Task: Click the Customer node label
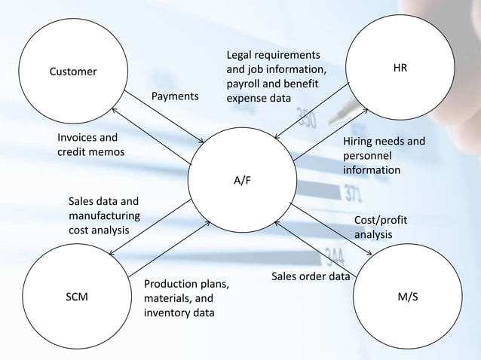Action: point(73,72)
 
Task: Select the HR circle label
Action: point(400,68)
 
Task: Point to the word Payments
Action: point(176,97)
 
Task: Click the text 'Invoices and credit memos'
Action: point(91,145)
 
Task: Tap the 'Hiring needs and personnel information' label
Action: point(384,156)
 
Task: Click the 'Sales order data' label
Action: point(310,276)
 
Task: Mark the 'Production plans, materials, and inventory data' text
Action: point(185,298)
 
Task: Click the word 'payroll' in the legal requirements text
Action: point(246,84)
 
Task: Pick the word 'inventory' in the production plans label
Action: point(167,313)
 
